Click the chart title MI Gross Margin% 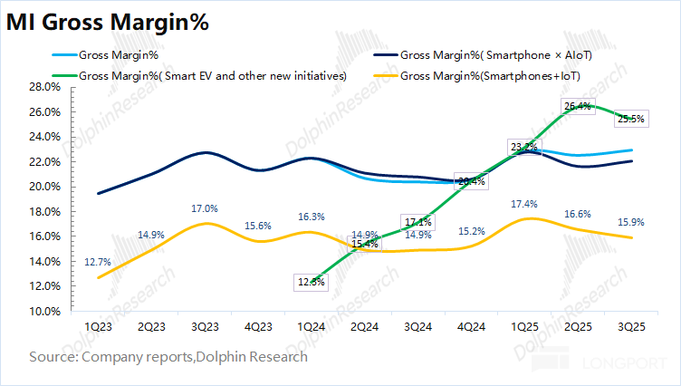click(109, 24)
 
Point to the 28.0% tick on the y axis click(45, 87)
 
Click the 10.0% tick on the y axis click(45, 311)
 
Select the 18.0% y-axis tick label click(45, 211)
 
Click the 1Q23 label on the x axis click(98, 325)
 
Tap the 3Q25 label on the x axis click(631, 325)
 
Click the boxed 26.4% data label click(577, 106)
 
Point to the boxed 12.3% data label click(312, 282)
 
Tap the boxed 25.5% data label click(630, 118)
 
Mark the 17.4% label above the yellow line click(523, 202)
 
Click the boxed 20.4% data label click(472, 181)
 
